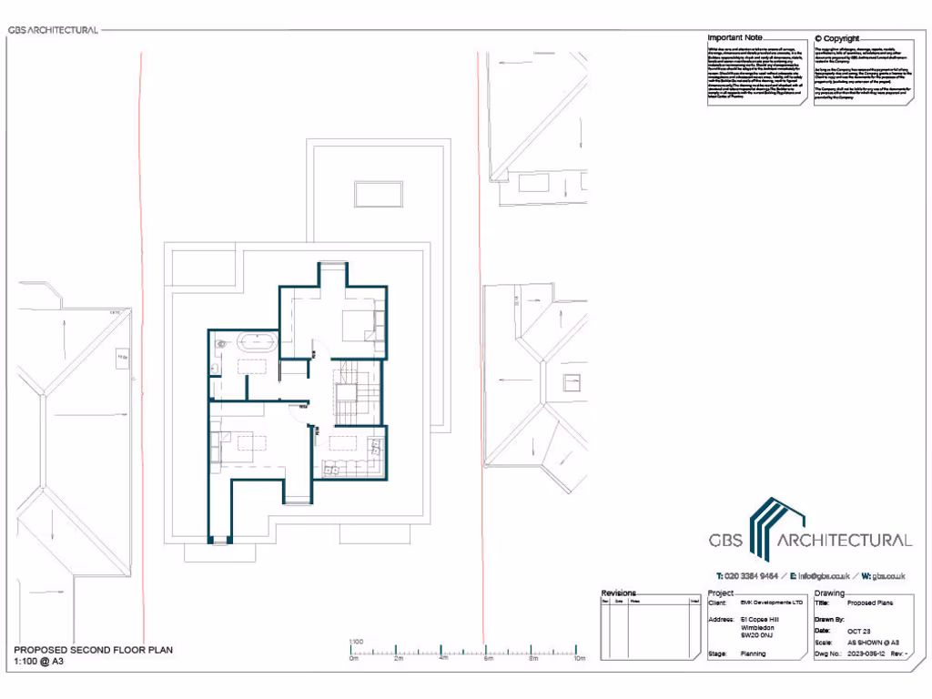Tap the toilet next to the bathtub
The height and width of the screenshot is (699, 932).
[220, 345]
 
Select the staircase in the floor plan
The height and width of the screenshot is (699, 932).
[348, 392]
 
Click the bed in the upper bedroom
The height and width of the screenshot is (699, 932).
[357, 323]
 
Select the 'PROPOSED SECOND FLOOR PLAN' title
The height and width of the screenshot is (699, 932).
[93, 650]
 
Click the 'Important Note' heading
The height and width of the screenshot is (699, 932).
[734, 37]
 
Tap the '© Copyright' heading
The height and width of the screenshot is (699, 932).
[836, 38]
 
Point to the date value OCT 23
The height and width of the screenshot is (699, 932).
[859, 630]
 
